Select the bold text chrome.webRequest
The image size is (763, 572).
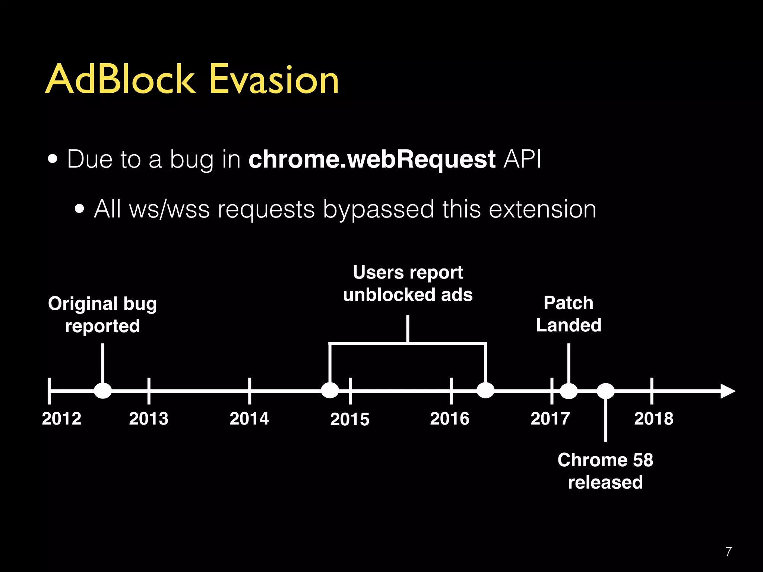(x=372, y=159)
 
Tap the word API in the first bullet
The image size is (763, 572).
(x=522, y=159)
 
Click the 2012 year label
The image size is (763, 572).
(x=61, y=419)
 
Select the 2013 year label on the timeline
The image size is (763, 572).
(x=149, y=419)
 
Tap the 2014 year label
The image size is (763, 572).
(x=249, y=419)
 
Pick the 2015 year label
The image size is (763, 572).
(x=350, y=419)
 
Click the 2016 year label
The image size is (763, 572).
(x=450, y=419)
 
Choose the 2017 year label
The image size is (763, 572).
(x=550, y=419)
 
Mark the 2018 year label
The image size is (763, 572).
(x=654, y=419)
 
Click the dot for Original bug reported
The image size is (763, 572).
(x=103, y=391)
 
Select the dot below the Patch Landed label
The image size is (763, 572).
(x=569, y=391)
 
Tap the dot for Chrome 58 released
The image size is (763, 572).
(x=606, y=391)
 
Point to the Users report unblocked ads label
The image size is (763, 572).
(x=408, y=283)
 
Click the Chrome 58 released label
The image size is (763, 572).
(x=605, y=471)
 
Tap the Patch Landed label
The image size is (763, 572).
(x=569, y=314)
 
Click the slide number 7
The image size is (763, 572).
(x=729, y=552)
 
